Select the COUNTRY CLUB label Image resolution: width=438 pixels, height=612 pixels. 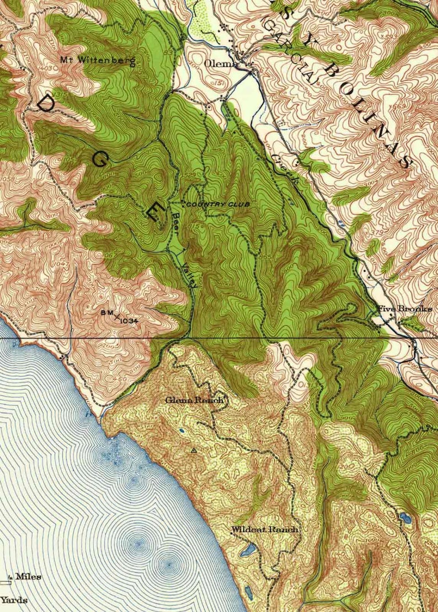pos(218,205)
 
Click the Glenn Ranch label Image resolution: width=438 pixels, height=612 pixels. pos(195,400)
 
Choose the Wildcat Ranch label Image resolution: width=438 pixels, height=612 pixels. pos(265,529)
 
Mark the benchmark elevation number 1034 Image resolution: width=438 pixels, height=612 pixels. pos(127,319)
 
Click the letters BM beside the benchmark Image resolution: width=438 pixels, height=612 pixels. pos(106,313)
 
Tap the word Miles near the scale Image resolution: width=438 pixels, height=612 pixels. pos(28,577)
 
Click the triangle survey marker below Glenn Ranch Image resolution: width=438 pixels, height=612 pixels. pos(193,450)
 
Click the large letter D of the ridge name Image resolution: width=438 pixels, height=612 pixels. pos(48,104)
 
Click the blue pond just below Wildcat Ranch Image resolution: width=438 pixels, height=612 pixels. pos(247,550)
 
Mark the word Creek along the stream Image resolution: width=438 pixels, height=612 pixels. pos(284,168)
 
